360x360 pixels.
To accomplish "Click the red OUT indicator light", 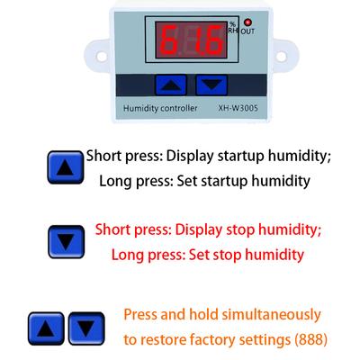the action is [x=247, y=22].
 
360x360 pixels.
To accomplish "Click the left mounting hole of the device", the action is [x=102, y=57].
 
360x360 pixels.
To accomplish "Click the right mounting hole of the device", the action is [x=281, y=57].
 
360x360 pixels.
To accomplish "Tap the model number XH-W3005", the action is [x=238, y=108].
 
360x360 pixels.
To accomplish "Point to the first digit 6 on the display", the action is [x=169, y=40].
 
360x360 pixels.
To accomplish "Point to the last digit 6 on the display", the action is [x=212, y=40].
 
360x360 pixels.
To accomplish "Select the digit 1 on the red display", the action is [x=196, y=40].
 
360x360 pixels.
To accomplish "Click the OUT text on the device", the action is [x=247, y=31].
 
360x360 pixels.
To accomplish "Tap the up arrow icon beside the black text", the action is [x=66, y=167].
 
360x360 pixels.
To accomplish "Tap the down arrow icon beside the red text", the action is [x=67, y=242].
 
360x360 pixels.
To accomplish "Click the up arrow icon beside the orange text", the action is [x=46, y=328].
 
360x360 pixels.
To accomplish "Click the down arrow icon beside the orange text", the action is [x=86, y=328].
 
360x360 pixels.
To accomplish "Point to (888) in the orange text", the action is [x=310, y=340].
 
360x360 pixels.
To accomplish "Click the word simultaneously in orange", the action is [x=272, y=315].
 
